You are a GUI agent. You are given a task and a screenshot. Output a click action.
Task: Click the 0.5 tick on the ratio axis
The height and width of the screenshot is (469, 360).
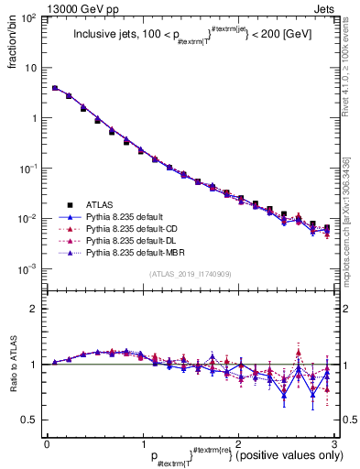click(x=29, y=420)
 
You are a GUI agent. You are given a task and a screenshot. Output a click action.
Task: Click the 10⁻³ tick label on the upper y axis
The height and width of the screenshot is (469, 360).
click(x=28, y=269)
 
